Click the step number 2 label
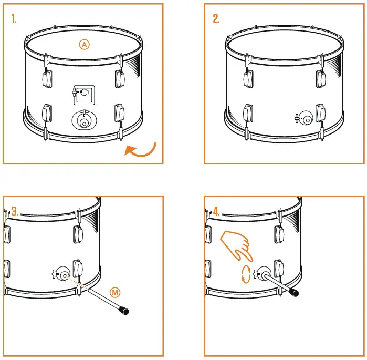click(216, 19)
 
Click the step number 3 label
click(15, 212)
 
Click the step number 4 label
click(216, 212)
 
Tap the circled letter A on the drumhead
click(84, 45)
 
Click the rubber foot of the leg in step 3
click(124, 311)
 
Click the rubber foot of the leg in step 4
click(295, 292)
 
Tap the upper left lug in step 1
click(46, 78)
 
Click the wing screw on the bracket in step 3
click(55, 273)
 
